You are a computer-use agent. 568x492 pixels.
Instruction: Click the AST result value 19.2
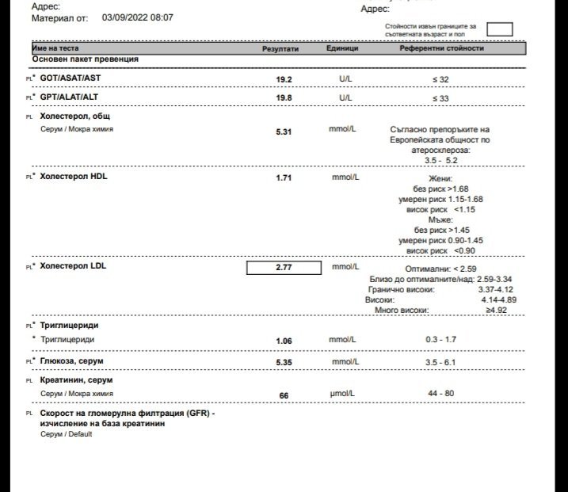pyautogui.click(x=284, y=80)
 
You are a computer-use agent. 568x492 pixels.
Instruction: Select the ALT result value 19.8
pyautogui.click(x=284, y=98)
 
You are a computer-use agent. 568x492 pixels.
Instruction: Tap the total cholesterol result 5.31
pyautogui.click(x=284, y=132)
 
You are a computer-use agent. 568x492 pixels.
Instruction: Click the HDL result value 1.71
pyautogui.click(x=284, y=178)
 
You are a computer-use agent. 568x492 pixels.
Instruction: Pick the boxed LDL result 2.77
pyautogui.click(x=284, y=268)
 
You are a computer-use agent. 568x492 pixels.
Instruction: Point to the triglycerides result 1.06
pyautogui.click(x=284, y=341)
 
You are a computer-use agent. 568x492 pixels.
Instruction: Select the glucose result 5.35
pyautogui.click(x=284, y=362)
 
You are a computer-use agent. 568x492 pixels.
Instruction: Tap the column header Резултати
pyautogui.click(x=280, y=48)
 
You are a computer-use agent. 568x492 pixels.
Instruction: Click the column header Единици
pyautogui.click(x=342, y=48)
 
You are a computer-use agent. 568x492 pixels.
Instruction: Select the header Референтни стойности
pyautogui.click(x=442, y=48)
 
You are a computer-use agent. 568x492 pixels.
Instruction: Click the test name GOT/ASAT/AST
pyautogui.click(x=71, y=79)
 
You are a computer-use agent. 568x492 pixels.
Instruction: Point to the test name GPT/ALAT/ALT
pyautogui.click(x=70, y=97)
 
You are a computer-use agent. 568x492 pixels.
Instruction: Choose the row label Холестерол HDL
pyautogui.click(x=74, y=177)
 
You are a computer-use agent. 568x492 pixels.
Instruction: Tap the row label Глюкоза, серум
pyautogui.click(x=71, y=361)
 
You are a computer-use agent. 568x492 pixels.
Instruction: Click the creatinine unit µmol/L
pyautogui.click(x=343, y=394)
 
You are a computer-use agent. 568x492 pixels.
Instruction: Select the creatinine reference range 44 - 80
pyautogui.click(x=441, y=394)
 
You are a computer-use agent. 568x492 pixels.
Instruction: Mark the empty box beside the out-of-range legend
pyautogui.click(x=499, y=30)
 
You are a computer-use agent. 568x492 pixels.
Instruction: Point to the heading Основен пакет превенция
pyautogui.click(x=86, y=59)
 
